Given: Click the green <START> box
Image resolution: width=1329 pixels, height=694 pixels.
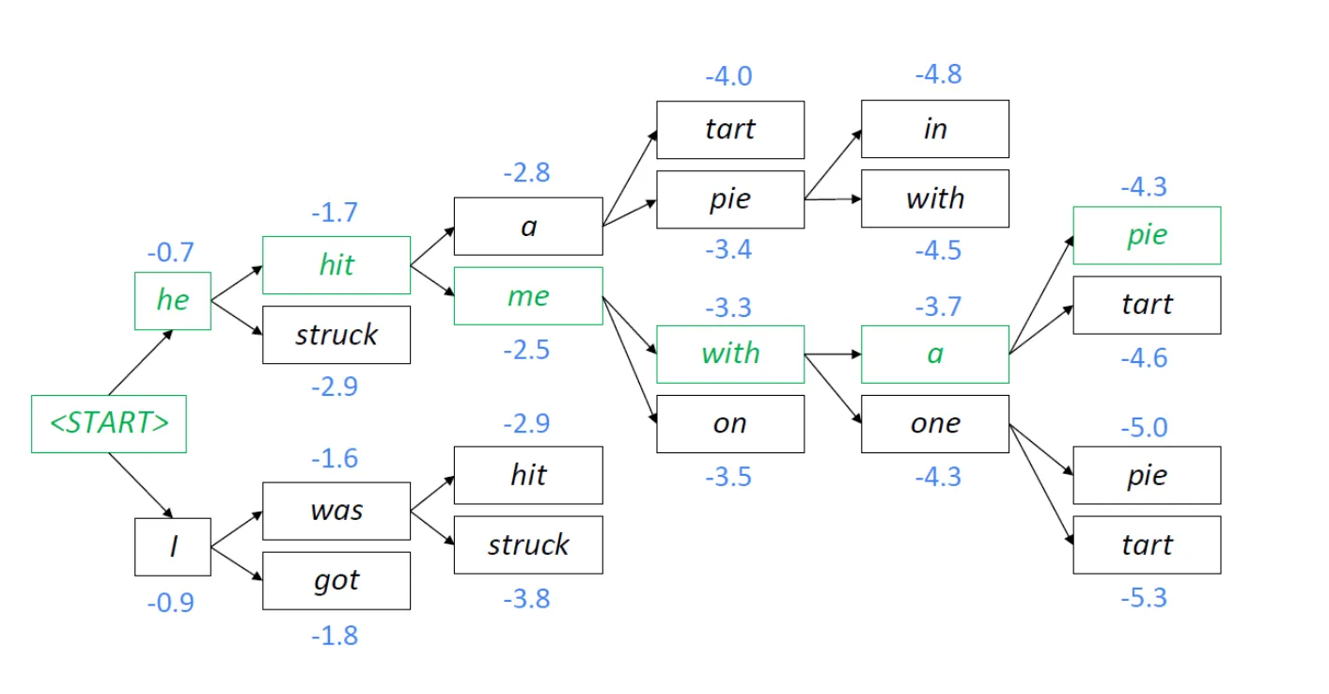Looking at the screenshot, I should coord(108,425).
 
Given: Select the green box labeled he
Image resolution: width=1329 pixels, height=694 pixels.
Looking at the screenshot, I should coord(172,301).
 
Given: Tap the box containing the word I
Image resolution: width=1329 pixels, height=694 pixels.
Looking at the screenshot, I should coord(172,546).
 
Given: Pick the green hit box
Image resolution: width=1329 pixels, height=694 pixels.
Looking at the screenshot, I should coord(336,265).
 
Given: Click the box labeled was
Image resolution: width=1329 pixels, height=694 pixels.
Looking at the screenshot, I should coord(336,511).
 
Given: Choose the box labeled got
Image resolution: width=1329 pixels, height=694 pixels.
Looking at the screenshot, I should coord(336,580).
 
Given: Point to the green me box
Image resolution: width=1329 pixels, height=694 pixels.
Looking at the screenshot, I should coord(527,296).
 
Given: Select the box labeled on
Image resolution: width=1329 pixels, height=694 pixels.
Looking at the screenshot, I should coord(729,424).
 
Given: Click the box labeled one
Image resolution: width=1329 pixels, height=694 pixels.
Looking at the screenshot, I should coord(934,424).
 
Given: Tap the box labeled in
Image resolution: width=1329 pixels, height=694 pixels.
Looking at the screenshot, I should coord(934,129).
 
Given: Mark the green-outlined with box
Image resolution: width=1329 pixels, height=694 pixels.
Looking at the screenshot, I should coord(729,355).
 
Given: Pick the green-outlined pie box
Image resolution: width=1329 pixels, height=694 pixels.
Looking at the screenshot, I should coord(1147,235).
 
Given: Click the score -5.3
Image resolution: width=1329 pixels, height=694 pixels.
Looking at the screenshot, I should coord(1143,597).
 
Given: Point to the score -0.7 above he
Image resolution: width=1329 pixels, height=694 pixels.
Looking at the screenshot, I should coord(170,253).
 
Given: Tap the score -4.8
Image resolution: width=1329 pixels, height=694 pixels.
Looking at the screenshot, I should coord(937,75).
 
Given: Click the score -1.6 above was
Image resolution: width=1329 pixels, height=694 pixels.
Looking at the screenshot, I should coord(335,458).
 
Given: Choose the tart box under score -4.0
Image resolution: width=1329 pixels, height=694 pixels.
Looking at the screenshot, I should coord(729,130).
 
